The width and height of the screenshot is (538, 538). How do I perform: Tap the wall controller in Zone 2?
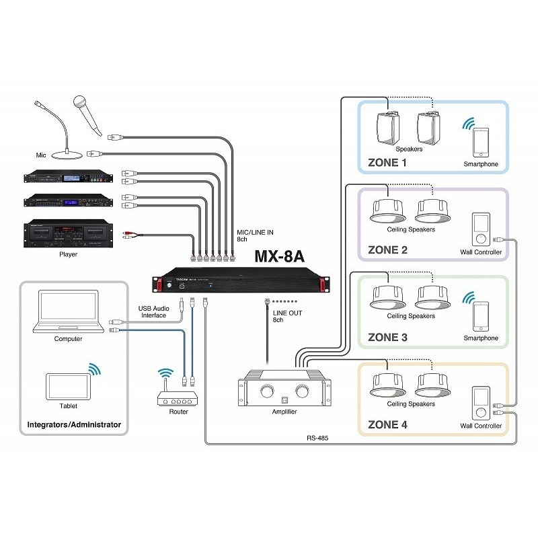479,231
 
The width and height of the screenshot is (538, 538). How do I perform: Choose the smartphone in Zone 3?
480,317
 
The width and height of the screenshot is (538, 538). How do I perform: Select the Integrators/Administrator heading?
74,425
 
